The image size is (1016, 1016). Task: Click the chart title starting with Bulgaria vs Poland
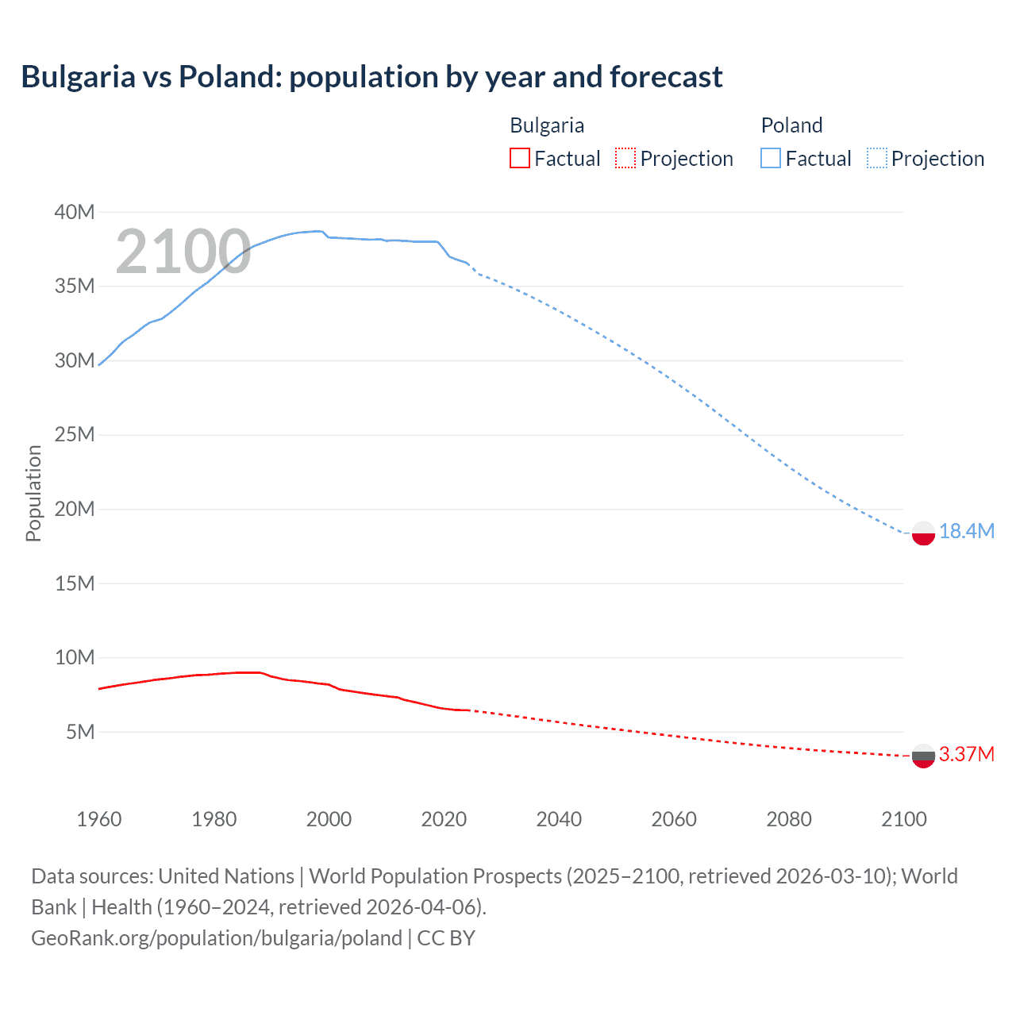tap(371, 77)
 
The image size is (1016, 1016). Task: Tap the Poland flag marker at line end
tap(923, 533)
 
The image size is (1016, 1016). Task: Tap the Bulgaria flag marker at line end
tap(923, 756)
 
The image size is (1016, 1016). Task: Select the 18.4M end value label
tap(966, 532)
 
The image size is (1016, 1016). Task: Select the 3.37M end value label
tap(966, 754)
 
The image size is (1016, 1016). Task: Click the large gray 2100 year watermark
tap(183, 252)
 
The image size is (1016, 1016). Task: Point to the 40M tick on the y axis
tap(75, 212)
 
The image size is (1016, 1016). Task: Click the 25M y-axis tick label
tap(75, 435)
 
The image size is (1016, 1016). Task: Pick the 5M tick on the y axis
tap(80, 732)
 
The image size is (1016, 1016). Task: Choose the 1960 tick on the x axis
tap(99, 819)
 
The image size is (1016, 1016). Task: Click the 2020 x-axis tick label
tap(444, 819)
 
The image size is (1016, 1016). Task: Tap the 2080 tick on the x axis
tap(789, 819)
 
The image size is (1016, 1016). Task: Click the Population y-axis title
tap(33, 493)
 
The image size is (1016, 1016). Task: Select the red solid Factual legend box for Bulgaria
tap(519, 159)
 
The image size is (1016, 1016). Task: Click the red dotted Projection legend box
tap(625, 159)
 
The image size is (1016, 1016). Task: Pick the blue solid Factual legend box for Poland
tap(771, 159)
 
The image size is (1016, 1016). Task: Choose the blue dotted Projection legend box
tap(877, 159)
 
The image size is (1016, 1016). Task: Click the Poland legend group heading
tap(791, 125)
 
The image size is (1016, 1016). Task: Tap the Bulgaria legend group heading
tap(547, 125)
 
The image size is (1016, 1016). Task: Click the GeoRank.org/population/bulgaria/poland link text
tap(217, 938)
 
